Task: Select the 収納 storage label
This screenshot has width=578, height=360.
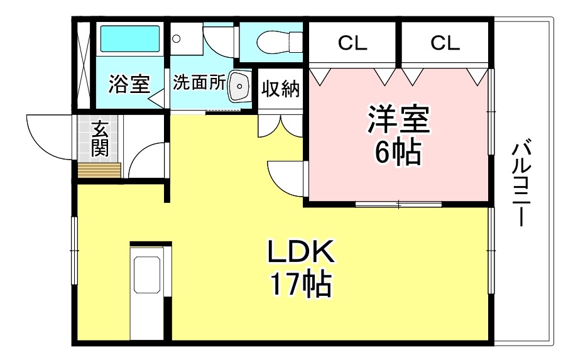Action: click(x=281, y=89)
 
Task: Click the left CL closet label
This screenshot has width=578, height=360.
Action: click(x=352, y=43)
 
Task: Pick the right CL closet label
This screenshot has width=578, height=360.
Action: click(x=445, y=43)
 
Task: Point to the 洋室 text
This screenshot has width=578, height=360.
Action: click(x=399, y=121)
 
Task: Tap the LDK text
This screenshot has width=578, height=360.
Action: click(x=300, y=253)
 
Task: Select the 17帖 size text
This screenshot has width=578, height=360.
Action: click(x=300, y=285)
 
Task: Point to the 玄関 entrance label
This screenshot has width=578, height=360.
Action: click(x=100, y=139)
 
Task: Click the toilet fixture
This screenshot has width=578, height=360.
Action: click(x=273, y=41)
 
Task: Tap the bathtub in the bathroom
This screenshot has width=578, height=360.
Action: click(x=130, y=40)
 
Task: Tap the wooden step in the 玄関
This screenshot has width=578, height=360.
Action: click(x=99, y=170)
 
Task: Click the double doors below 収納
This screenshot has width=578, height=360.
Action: click(x=281, y=125)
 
